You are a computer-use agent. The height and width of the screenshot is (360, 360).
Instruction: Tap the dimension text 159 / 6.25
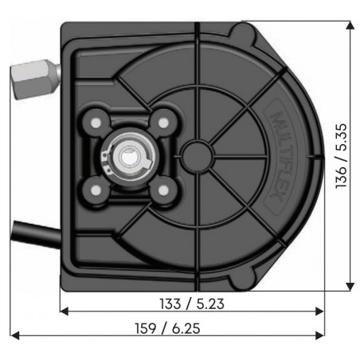(170, 325)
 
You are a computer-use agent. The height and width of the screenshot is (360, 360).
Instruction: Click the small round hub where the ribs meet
(194, 151)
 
